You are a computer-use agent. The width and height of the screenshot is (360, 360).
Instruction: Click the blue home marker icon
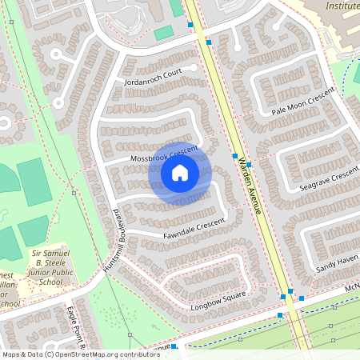point(180,173)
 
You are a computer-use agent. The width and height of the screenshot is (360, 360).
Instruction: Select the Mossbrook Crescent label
point(163,154)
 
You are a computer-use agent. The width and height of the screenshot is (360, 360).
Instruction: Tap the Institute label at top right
point(342,6)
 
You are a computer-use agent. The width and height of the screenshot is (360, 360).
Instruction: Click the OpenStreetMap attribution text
point(81,354)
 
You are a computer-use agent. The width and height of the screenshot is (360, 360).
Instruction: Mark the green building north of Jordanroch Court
point(163,33)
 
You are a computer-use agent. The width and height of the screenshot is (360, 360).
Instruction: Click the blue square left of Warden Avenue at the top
point(190,26)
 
